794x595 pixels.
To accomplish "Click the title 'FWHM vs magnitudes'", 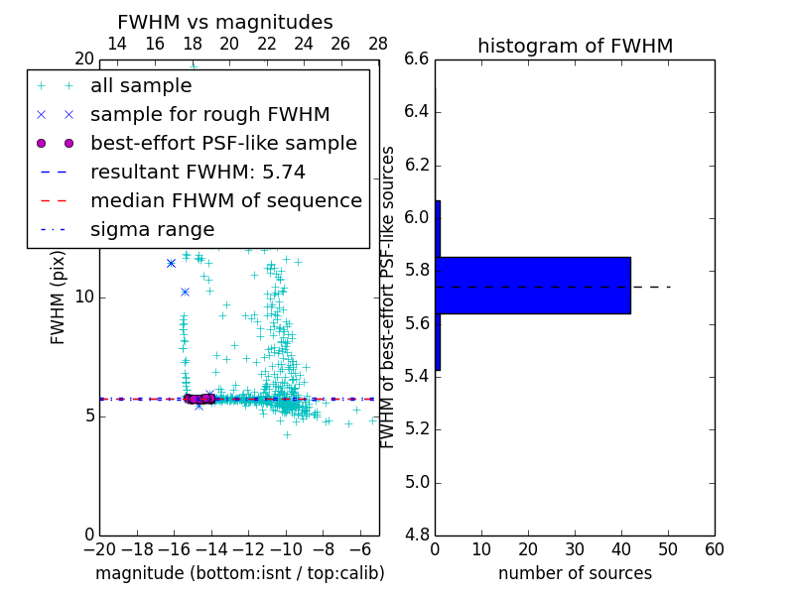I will [x=225, y=22].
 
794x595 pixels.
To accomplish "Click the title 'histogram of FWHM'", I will [x=575, y=46].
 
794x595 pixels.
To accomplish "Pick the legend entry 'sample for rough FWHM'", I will [x=209, y=114].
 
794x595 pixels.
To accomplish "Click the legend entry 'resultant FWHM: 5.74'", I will [x=198, y=172].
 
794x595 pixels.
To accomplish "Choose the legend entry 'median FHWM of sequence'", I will [x=225, y=200].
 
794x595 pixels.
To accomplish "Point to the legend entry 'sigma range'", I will [x=152, y=229].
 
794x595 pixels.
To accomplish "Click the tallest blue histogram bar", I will [x=533, y=285].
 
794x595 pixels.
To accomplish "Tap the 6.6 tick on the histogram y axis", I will [x=418, y=59].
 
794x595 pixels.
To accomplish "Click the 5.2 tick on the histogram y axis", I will [x=418, y=429].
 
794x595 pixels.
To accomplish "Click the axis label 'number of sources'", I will [x=575, y=573].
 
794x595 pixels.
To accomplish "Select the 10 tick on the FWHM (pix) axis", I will [x=84, y=297].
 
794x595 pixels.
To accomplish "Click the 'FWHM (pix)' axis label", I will [x=59, y=297].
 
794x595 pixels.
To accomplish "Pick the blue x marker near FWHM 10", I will [x=185, y=292].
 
